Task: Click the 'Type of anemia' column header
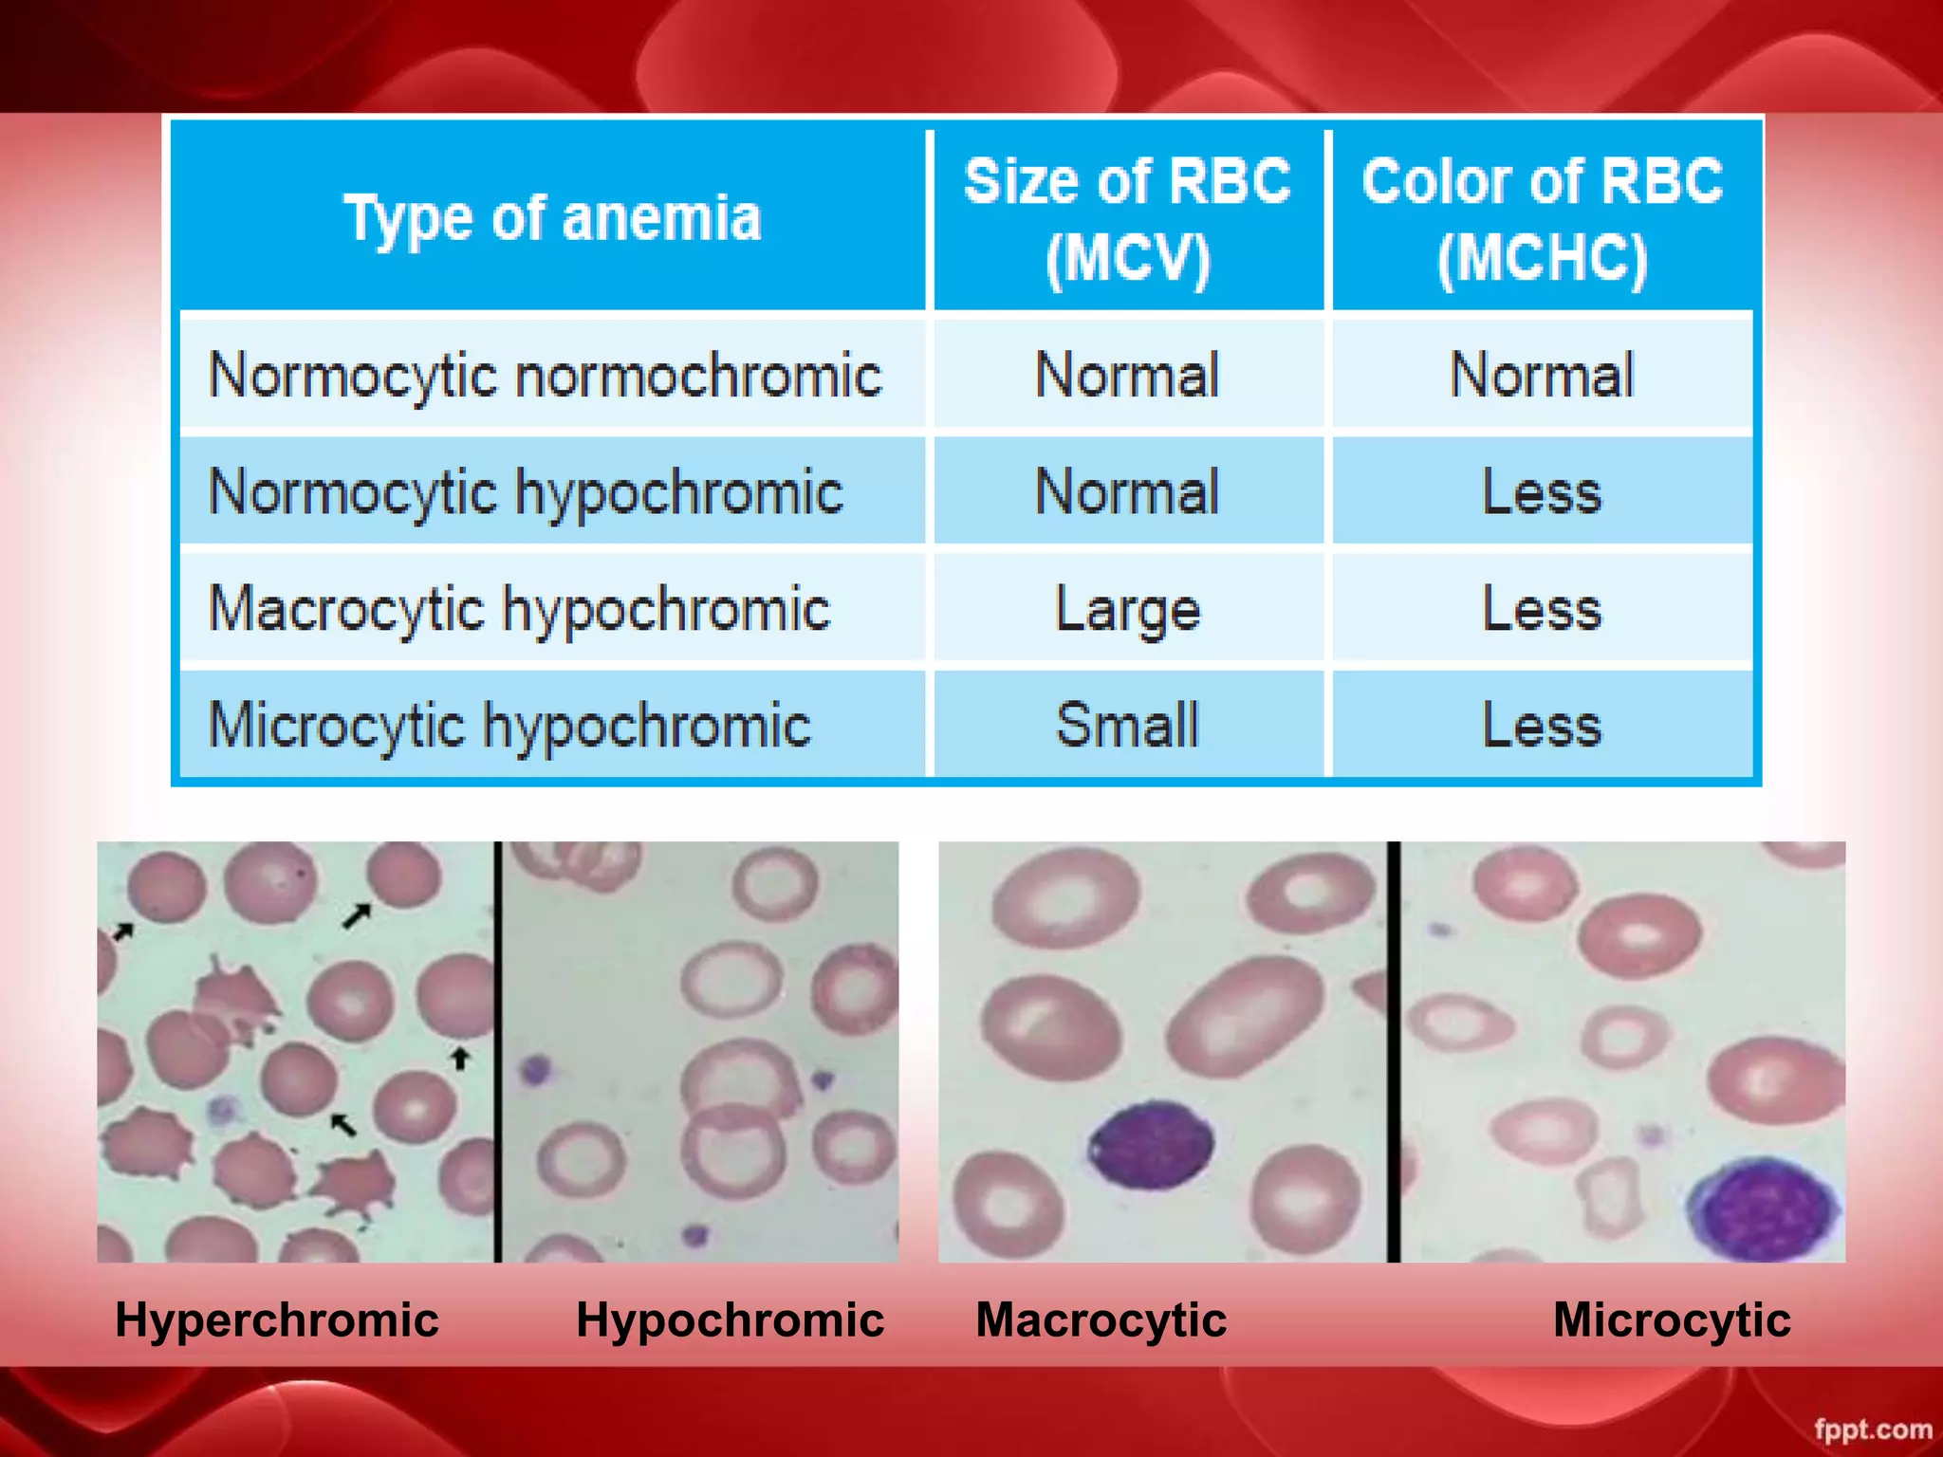point(552,219)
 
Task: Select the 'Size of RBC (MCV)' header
point(1127,219)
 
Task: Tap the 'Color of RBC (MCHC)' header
point(1542,219)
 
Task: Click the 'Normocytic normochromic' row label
point(546,375)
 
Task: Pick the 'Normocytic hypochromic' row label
point(526,492)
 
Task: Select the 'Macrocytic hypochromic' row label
point(519,609)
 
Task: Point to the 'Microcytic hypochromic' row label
point(509,726)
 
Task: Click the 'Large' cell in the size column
point(1127,609)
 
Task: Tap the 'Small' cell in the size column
point(1127,726)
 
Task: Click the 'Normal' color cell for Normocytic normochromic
point(1542,375)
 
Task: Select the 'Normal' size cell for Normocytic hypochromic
point(1127,492)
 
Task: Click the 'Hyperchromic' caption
point(277,1319)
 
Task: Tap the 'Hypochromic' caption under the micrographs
point(730,1319)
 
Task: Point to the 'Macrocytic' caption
point(1101,1319)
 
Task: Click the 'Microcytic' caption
point(1672,1319)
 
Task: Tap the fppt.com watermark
point(1873,1429)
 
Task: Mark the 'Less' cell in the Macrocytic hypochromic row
point(1542,609)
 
